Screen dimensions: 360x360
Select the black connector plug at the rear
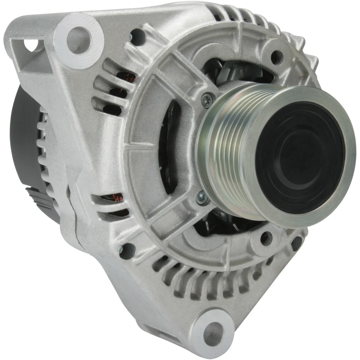39,197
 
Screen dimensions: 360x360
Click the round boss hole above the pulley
277,55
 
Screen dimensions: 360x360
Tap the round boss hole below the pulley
266,237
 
